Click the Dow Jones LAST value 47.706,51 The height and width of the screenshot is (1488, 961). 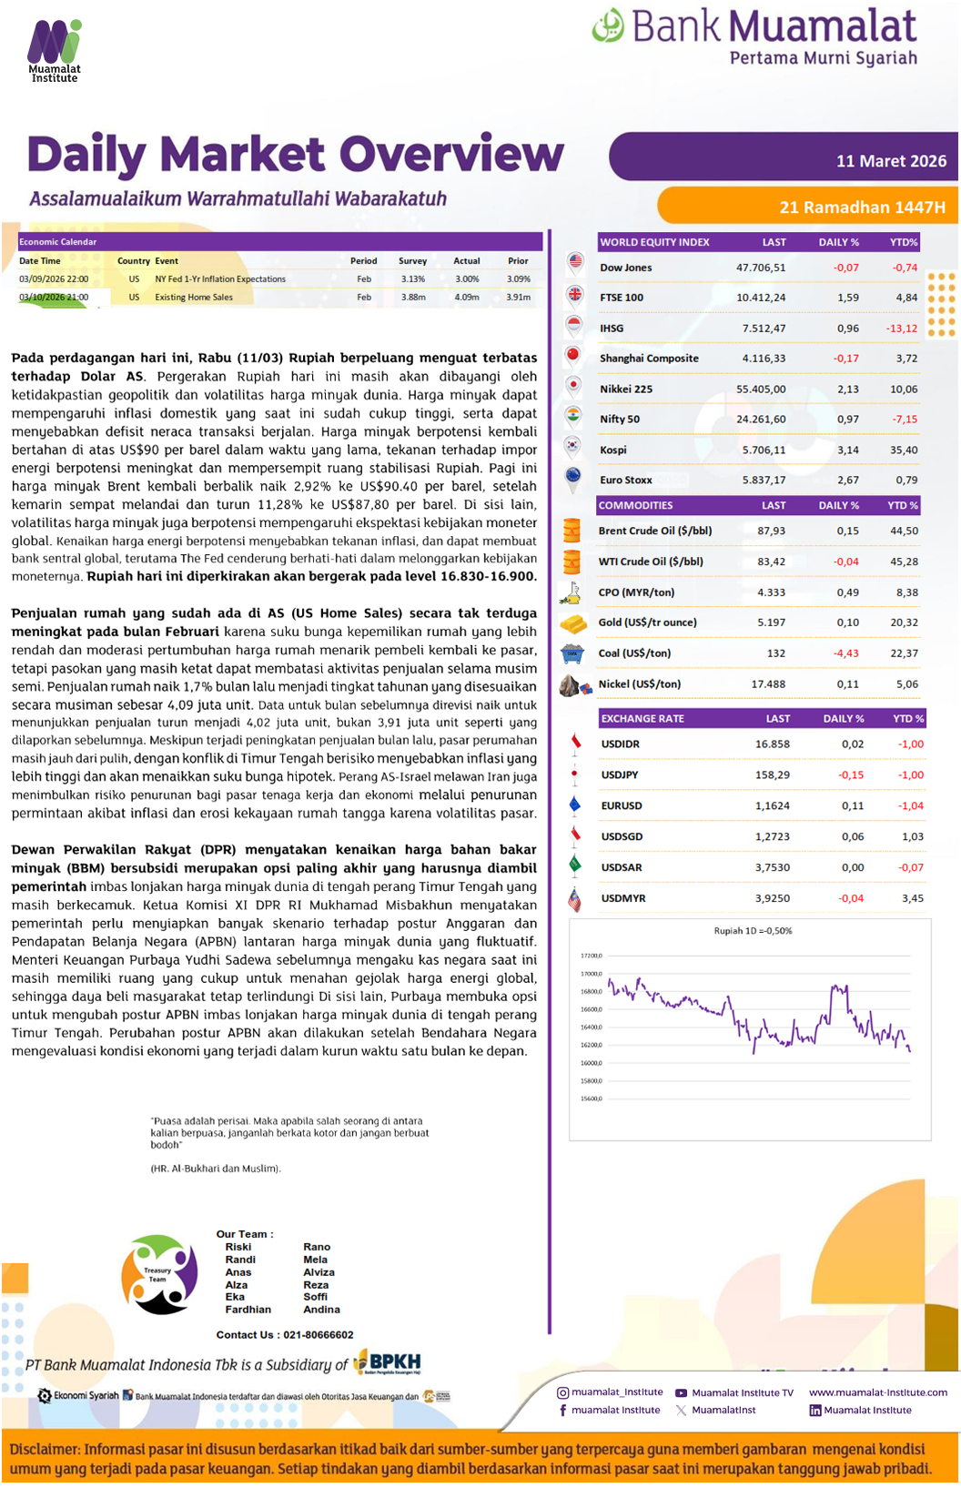(x=761, y=268)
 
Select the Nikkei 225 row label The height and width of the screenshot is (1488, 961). (x=626, y=390)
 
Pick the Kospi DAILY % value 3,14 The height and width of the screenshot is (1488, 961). (x=847, y=450)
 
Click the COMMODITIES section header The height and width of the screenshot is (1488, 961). (x=636, y=505)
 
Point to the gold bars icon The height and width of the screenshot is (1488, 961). (x=573, y=623)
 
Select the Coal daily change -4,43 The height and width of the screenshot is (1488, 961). (x=846, y=653)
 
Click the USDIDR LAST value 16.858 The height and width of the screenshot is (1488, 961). (x=773, y=744)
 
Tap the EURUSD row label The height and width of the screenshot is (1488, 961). (x=622, y=806)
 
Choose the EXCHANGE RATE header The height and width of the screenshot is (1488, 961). (x=642, y=719)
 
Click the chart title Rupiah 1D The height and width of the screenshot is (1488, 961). (x=753, y=931)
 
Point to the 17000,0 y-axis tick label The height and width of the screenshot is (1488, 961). (x=592, y=974)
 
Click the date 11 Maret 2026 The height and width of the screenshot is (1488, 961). (x=891, y=161)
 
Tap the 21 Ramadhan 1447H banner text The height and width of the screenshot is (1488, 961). (x=862, y=208)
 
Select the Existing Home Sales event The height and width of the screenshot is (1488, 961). (x=194, y=298)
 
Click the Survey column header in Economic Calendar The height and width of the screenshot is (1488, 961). (x=412, y=261)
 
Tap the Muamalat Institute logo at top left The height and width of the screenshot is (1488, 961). (x=55, y=50)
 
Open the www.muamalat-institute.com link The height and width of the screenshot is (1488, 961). (x=878, y=1392)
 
